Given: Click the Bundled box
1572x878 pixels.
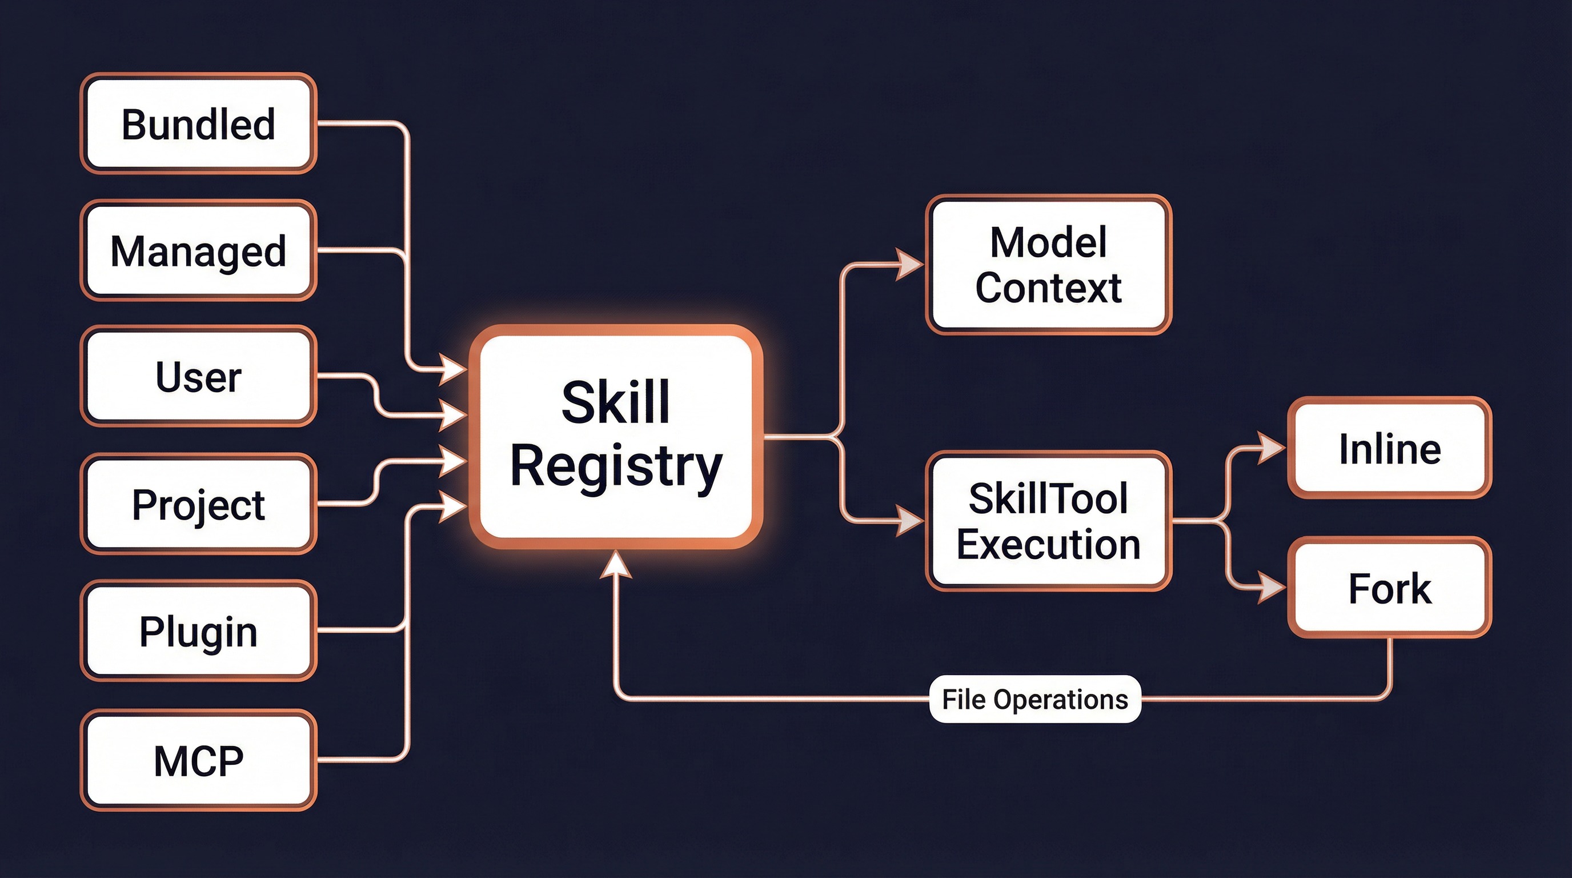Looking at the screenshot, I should point(198,124).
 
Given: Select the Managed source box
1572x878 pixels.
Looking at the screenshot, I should point(198,251).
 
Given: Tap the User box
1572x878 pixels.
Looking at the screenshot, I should point(198,377).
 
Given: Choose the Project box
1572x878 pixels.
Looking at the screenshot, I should point(198,504).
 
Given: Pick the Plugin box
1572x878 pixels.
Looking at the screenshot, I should point(198,630).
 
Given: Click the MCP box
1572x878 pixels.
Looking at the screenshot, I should point(198,761).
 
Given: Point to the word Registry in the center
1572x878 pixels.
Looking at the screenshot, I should point(615,466).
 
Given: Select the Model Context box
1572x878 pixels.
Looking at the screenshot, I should point(1048,265).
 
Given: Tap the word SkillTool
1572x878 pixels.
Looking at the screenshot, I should point(1048,498).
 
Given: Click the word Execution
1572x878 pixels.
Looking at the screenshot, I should point(1048,545).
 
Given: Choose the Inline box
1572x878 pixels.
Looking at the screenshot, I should point(1390,449).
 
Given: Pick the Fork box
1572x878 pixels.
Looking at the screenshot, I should point(1390,588).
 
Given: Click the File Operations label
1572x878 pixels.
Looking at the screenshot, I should point(1035,699).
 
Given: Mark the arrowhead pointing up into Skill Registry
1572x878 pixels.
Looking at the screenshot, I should point(616,564).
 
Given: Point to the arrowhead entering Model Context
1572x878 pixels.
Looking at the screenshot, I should point(909,265).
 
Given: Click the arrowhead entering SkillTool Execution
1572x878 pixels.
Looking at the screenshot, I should point(909,521).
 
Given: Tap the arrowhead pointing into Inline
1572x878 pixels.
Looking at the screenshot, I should point(1271,448).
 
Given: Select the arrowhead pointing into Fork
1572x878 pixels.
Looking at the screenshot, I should point(1271,588).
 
